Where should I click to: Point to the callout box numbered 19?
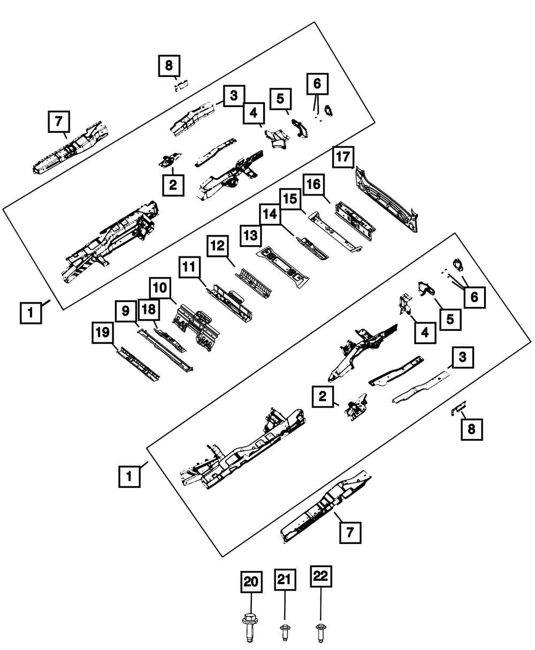(102, 334)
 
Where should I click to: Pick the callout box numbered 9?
(125, 311)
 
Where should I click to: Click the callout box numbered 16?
(314, 185)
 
